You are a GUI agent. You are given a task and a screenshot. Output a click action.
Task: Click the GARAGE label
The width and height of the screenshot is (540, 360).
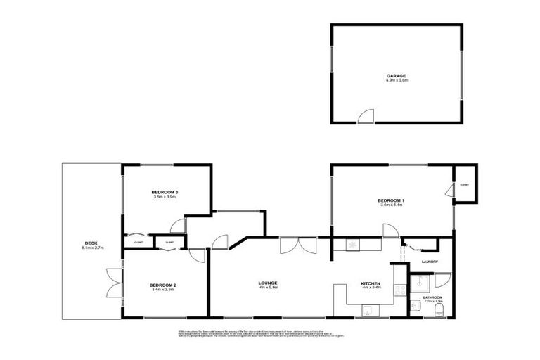click(397, 75)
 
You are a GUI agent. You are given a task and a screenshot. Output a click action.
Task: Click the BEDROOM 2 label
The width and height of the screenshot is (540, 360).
click(162, 285)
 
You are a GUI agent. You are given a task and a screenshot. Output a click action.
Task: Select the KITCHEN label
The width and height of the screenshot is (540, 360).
click(371, 283)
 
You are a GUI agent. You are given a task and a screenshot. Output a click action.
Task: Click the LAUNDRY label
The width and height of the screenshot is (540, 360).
click(430, 262)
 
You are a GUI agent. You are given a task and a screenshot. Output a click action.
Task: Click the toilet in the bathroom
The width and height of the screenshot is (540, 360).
click(438, 309)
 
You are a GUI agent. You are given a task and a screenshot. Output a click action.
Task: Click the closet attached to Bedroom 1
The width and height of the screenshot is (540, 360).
click(464, 184)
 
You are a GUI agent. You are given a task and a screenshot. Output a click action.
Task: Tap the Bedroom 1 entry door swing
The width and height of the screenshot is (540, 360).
click(388, 231)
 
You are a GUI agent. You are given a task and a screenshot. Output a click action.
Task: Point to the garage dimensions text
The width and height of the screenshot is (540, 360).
click(397, 81)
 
